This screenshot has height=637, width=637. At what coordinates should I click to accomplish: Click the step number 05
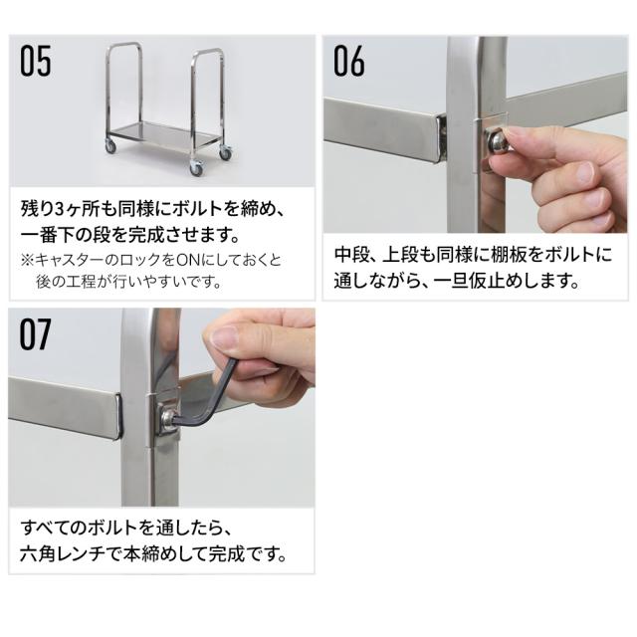(x=36, y=61)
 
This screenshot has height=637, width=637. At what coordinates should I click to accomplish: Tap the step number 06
(x=349, y=61)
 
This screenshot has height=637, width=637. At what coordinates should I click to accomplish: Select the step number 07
(x=36, y=334)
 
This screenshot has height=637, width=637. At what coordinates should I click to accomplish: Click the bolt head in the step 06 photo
(x=497, y=141)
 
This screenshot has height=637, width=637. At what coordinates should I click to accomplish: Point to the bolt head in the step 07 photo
(x=167, y=417)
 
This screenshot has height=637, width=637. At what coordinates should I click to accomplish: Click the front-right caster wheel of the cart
(x=196, y=167)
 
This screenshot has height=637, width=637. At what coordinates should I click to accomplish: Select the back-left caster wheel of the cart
(x=110, y=146)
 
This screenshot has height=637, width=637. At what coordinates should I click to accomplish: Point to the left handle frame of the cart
(x=124, y=90)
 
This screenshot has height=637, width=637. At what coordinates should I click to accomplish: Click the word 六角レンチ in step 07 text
(x=64, y=553)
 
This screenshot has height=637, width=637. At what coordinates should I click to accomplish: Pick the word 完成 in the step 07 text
(x=225, y=553)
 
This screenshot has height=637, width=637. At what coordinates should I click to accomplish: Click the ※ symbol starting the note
(x=27, y=260)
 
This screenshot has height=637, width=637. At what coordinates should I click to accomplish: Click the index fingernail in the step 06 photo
(x=584, y=171)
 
